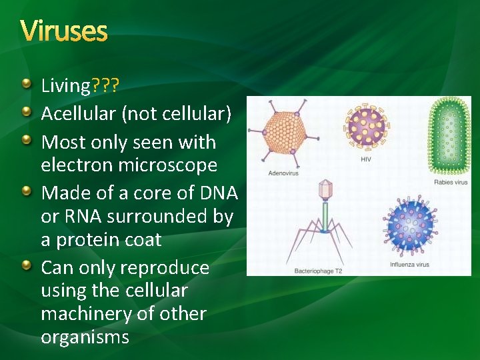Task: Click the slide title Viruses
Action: pos(63,31)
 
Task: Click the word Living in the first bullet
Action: pos(65,86)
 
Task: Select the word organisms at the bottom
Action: pos(85,337)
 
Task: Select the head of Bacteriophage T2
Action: pos(325,191)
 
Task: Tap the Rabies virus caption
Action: pos(451,182)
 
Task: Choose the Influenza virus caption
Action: pos(409,265)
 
